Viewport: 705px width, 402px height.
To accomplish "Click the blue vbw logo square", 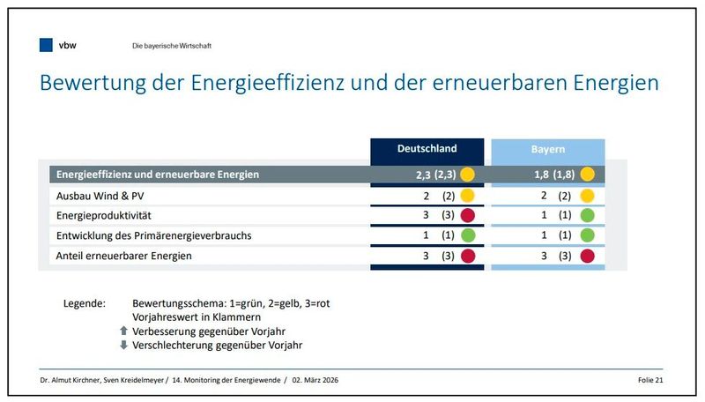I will (x=46, y=45).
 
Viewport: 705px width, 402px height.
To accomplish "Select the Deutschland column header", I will (x=427, y=149).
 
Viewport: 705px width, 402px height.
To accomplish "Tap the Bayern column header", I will (x=547, y=149).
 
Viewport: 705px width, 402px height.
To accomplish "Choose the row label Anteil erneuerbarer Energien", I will (x=123, y=256).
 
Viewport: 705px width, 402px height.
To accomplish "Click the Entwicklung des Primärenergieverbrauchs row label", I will (x=152, y=235).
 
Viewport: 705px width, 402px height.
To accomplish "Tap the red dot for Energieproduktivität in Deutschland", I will (x=468, y=215).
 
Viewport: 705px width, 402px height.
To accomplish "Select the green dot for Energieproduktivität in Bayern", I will (x=588, y=215).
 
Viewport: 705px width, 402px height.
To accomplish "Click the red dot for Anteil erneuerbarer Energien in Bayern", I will (x=588, y=256).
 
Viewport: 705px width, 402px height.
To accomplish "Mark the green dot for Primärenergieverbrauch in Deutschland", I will (x=468, y=235).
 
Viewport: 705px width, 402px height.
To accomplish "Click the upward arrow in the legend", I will (x=124, y=331).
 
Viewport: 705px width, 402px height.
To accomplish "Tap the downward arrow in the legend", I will (x=124, y=345).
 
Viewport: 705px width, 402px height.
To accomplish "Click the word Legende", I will (x=85, y=303).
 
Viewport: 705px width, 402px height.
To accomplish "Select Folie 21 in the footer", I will (x=649, y=380).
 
